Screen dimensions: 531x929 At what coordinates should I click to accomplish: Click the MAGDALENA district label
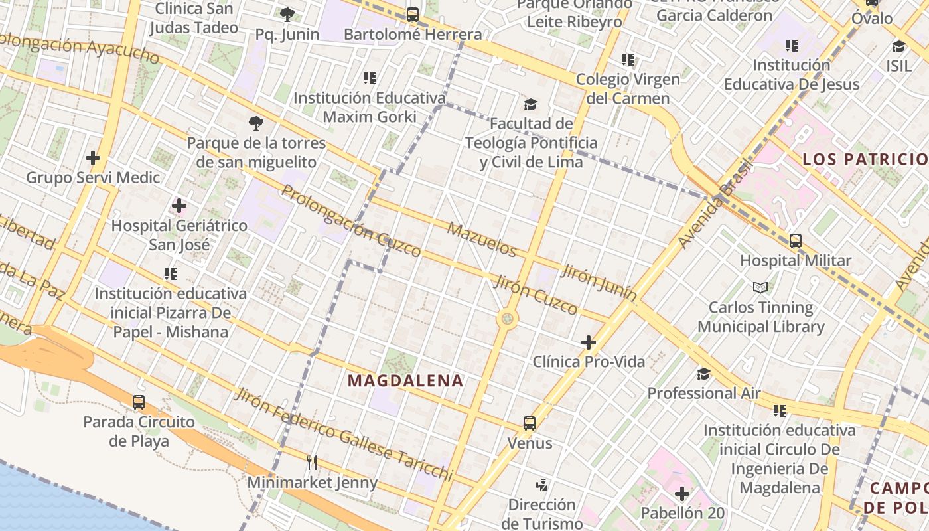click(x=405, y=380)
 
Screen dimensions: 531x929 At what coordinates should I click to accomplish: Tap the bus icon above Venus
click(x=529, y=423)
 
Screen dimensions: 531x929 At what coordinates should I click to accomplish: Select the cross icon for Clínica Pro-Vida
click(x=588, y=342)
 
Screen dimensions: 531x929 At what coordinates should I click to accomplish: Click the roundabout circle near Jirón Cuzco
click(x=508, y=319)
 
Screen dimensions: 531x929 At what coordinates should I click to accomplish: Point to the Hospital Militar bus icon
click(x=795, y=241)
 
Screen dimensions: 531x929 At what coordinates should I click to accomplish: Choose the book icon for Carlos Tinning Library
click(x=760, y=287)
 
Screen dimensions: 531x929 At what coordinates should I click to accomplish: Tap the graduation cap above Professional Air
click(x=703, y=374)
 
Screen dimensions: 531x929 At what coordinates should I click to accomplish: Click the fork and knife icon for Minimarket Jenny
click(x=312, y=462)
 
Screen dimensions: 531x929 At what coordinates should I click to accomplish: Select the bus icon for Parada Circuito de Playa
click(x=138, y=402)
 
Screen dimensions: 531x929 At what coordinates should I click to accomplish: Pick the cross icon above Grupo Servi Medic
click(x=93, y=158)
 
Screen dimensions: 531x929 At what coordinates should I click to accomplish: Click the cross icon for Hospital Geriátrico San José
click(x=179, y=206)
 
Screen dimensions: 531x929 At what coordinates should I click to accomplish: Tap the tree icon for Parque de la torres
click(x=255, y=123)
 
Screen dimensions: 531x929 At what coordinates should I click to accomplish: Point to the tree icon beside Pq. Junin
click(x=287, y=14)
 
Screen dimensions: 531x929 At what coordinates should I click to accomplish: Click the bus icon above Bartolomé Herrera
click(x=412, y=14)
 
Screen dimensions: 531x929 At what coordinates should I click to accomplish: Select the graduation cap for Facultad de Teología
click(x=530, y=104)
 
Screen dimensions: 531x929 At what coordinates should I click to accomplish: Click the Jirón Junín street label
click(x=599, y=282)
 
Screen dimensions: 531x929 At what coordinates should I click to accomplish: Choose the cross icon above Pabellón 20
click(x=681, y=494)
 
